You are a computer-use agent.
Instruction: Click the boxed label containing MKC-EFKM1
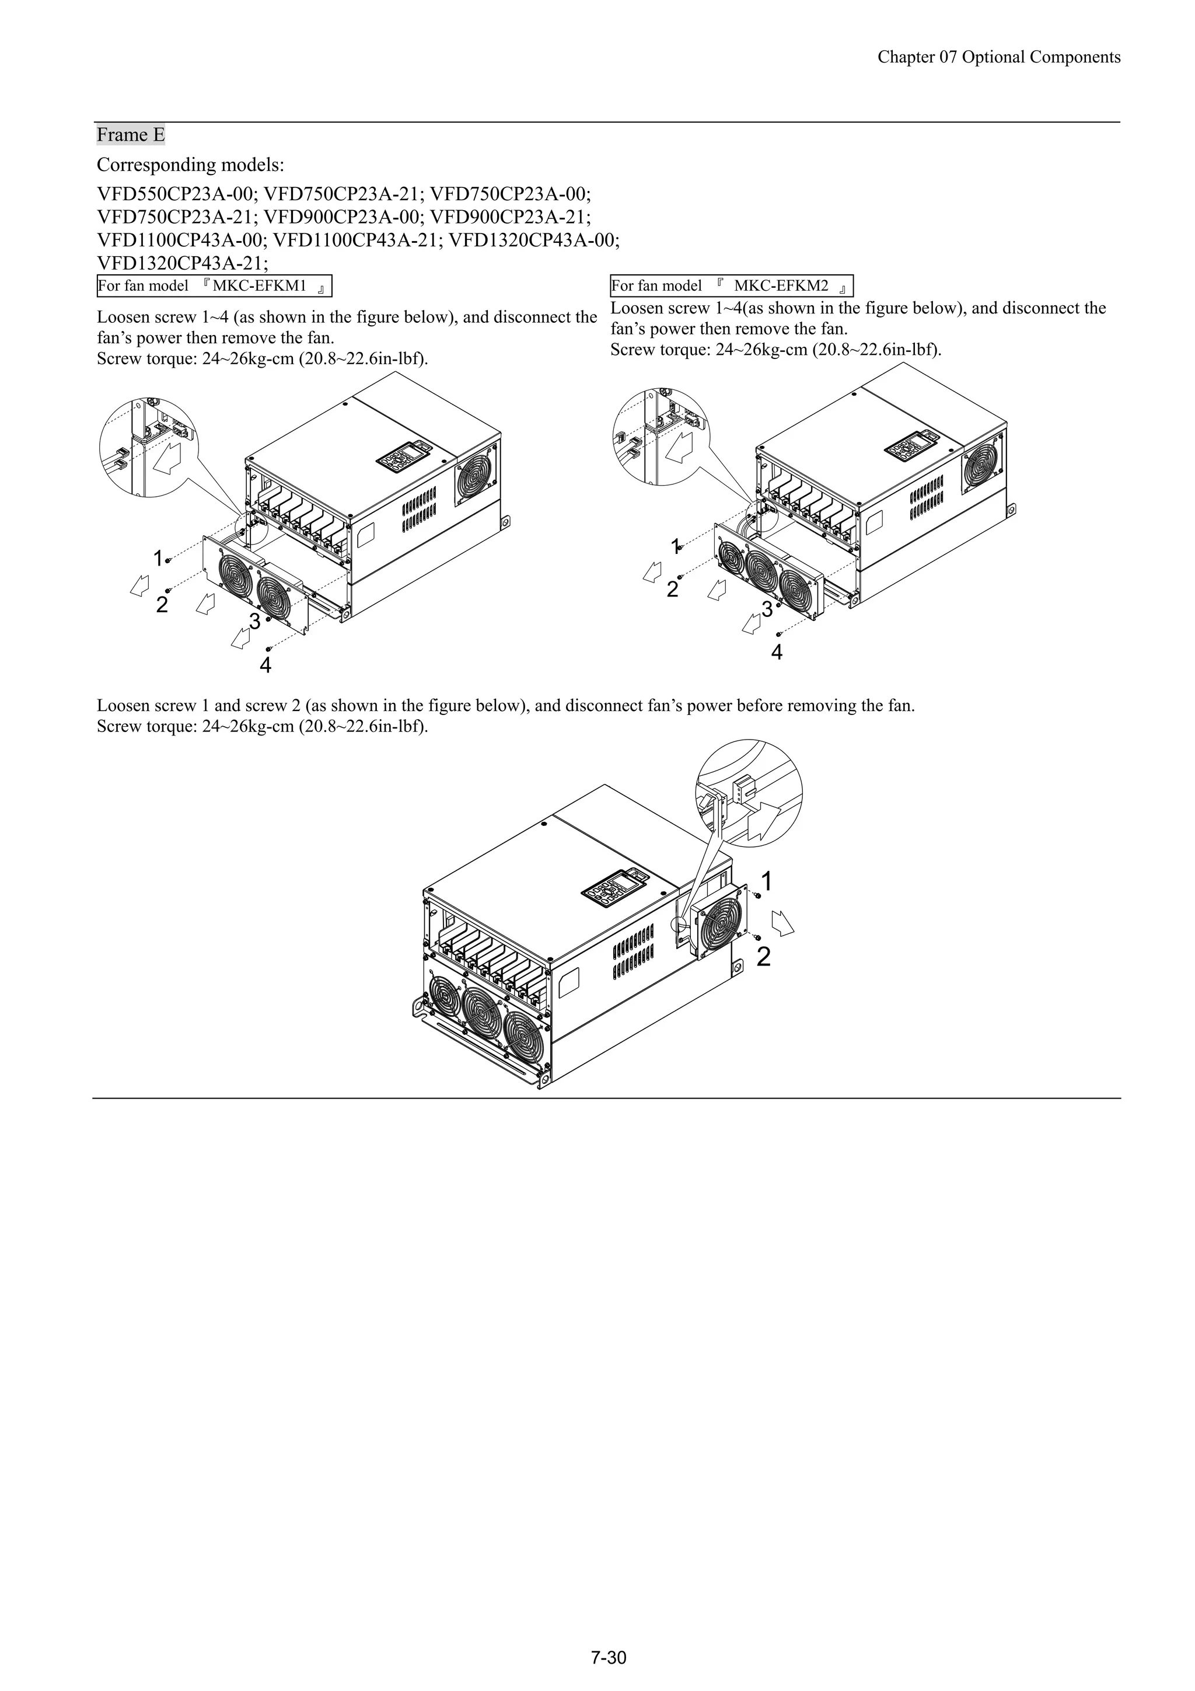[x=214, y=286]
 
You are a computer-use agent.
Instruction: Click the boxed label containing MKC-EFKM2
[x=731, y=286]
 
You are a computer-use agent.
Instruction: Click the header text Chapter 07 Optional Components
[x=998, y=57]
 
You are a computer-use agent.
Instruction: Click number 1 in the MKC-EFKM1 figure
[x=158, y=558]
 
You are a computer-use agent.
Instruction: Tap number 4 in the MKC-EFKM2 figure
[x=777, y=652]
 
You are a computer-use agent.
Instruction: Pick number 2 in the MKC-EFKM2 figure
[x=672, y=589]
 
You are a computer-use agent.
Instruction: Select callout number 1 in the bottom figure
[x=767, y=881]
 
